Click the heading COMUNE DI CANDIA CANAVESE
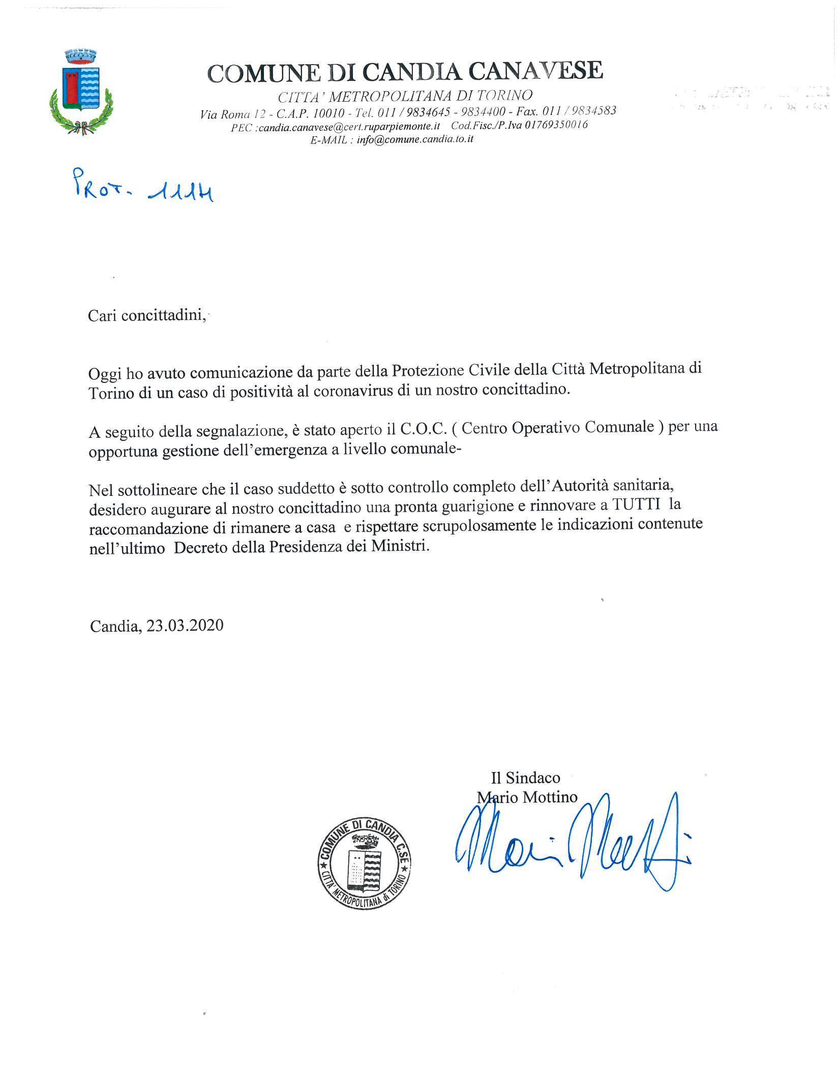(405, 71)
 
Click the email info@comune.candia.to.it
(415, 139)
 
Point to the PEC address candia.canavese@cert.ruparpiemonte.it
(349, 126)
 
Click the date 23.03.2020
(185, 625)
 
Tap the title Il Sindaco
(525, 777)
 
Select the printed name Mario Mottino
(527, 797)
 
